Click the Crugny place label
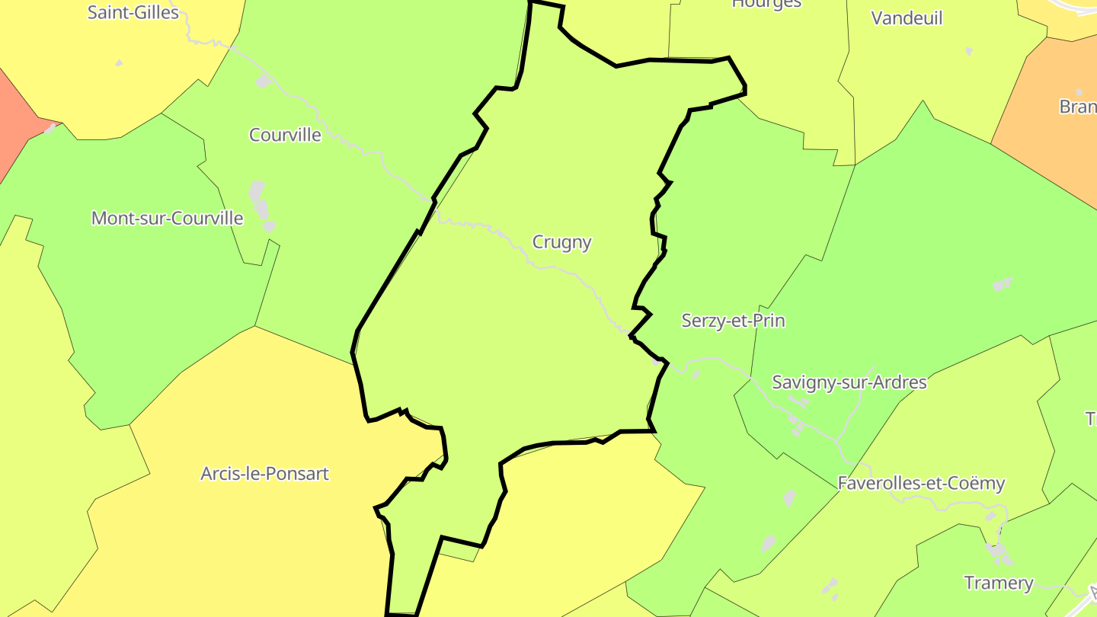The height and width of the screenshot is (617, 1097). pos(561,242)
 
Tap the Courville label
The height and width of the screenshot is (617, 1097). pos(285,135)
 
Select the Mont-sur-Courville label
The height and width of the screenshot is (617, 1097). pos(167,219)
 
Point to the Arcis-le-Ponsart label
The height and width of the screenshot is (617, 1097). pos(264,474)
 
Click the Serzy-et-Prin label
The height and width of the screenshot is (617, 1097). pos(733,321)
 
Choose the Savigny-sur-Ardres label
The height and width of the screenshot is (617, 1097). pos(849,382)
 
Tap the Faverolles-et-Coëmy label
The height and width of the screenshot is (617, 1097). pos(921,483)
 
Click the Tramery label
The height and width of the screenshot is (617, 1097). pos(998,583)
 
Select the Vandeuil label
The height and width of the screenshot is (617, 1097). pos(907,18)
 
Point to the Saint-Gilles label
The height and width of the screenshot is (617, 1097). pos(133,12)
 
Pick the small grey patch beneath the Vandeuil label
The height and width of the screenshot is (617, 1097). pos(969,51)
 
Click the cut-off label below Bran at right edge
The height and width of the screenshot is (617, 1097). pos(1091,419)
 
